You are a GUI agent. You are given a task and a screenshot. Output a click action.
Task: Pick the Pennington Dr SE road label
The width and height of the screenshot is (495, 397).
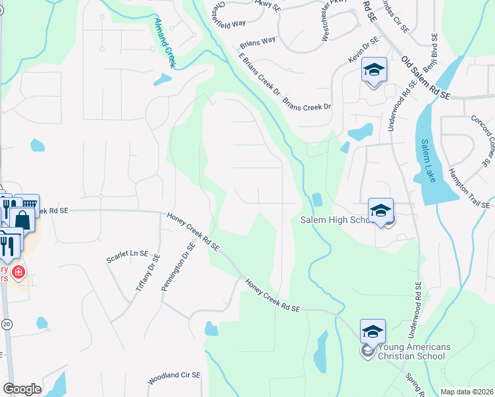click(177, 267)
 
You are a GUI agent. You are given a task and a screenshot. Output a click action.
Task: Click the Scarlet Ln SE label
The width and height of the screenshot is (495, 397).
click(127, 253)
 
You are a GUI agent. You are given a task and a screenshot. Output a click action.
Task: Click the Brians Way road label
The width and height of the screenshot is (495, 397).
click(257, 40)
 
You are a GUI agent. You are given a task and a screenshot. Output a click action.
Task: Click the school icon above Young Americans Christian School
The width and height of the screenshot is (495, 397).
click(373, 331)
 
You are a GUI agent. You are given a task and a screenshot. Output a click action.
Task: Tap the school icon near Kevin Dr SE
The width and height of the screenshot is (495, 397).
click(374, 70)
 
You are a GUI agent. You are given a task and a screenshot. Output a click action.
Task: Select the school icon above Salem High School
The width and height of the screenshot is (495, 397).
click(381, 210)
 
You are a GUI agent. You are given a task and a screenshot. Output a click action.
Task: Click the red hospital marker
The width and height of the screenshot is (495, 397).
click(19, 271)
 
